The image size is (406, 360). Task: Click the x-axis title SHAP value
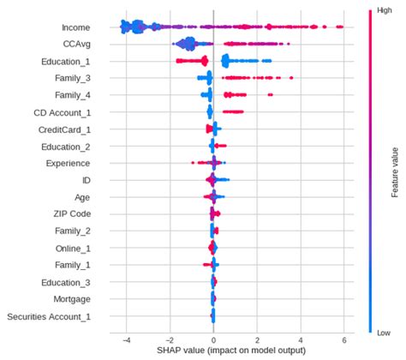coord(230,351)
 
